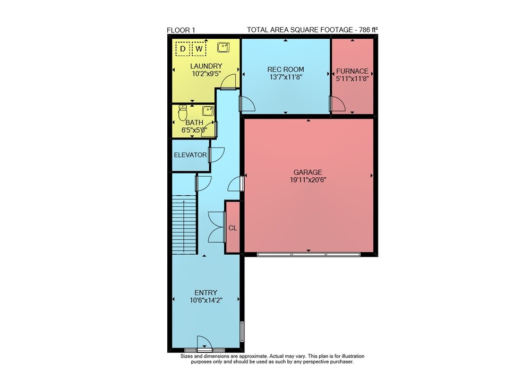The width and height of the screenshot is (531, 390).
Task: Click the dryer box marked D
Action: coord(183,49)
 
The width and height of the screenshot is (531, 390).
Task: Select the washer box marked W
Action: coord(199,49)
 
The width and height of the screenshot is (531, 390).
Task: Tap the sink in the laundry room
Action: coord(223,47)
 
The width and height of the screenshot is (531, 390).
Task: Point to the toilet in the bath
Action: coord(183,112)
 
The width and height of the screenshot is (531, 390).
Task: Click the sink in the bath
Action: coord(208,111)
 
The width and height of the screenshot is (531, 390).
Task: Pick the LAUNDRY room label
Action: coord(206,66)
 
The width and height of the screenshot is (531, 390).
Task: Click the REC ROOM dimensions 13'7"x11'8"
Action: coord(286,77)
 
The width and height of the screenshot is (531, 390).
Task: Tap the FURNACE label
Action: coord(352,71)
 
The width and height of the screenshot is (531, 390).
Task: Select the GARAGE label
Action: coord(308,172)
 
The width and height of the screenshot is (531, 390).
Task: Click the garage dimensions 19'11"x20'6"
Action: coord(308,180)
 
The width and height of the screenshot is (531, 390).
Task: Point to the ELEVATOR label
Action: coord(190,155)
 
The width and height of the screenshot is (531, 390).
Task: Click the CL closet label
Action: coord(233,228)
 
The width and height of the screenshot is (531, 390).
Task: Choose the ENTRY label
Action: coord(206,292)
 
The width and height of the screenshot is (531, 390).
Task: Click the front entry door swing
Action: coord(204,343)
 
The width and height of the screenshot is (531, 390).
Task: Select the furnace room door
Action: coord(338,103)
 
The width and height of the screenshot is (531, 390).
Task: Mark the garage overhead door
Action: coord(309,254)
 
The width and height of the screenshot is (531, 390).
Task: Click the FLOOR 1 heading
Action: coord(181,30)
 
